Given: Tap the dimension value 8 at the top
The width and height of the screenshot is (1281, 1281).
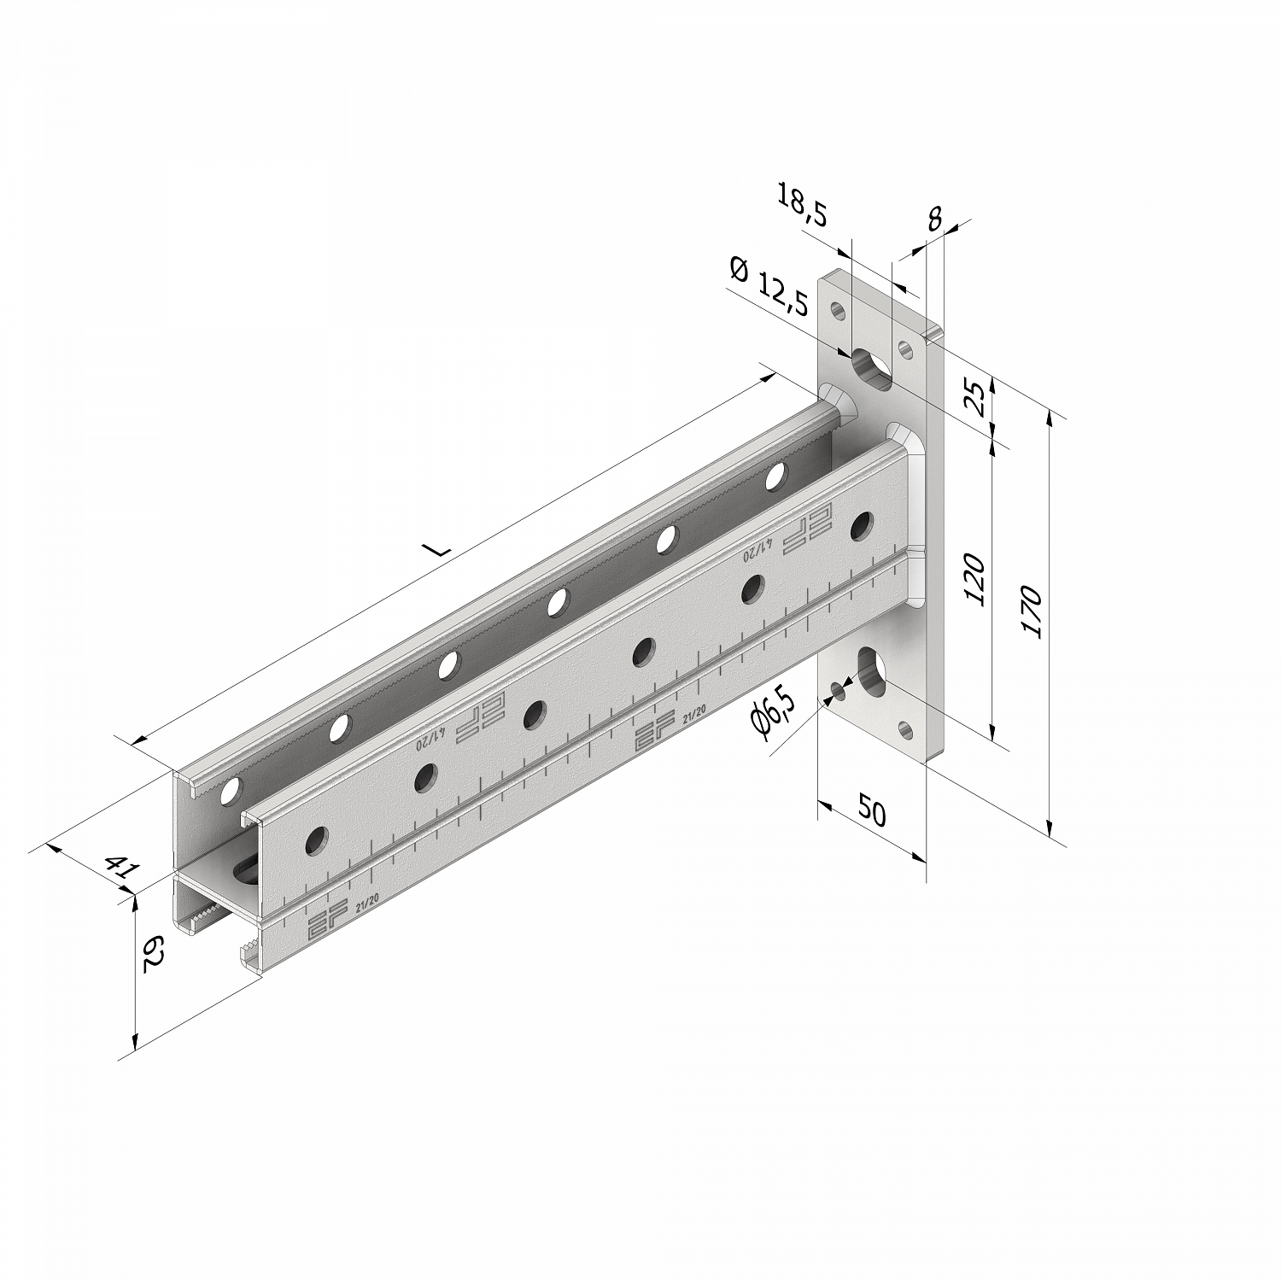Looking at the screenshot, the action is point(934,219).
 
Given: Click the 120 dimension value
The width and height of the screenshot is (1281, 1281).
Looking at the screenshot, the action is point(975,580).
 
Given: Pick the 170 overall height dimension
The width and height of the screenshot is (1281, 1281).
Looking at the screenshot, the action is point(1031,611).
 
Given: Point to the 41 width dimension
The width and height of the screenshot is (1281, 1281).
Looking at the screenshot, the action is point(121,868).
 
